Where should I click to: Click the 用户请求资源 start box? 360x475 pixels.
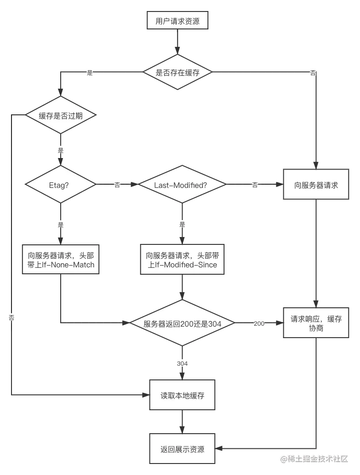(177, 21)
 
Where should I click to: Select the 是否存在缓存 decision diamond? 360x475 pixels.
(177, 73)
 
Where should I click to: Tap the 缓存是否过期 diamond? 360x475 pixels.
(61, 116)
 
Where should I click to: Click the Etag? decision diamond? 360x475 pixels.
(61, 185)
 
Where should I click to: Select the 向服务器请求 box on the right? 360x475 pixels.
(316, 185)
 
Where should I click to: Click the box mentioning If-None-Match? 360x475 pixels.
(61, 260)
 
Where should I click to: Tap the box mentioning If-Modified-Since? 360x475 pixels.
(183, 260)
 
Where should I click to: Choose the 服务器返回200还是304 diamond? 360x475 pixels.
(183, 324)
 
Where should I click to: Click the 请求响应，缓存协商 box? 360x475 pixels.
(316, 323)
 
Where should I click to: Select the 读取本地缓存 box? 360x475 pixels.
(182, 395)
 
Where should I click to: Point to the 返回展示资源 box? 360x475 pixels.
(182, 449)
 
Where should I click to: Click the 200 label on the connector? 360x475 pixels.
(259, 324)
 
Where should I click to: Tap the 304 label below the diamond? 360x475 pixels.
(182, 363)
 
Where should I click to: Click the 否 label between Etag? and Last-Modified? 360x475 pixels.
(118, 185)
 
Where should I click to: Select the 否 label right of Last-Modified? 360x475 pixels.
(255, 185)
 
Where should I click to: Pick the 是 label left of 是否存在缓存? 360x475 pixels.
(90, 73)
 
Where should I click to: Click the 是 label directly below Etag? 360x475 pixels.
(61, 224)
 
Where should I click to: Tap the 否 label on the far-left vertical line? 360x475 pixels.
(11, 317)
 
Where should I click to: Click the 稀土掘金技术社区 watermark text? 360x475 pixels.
(314, 458)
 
